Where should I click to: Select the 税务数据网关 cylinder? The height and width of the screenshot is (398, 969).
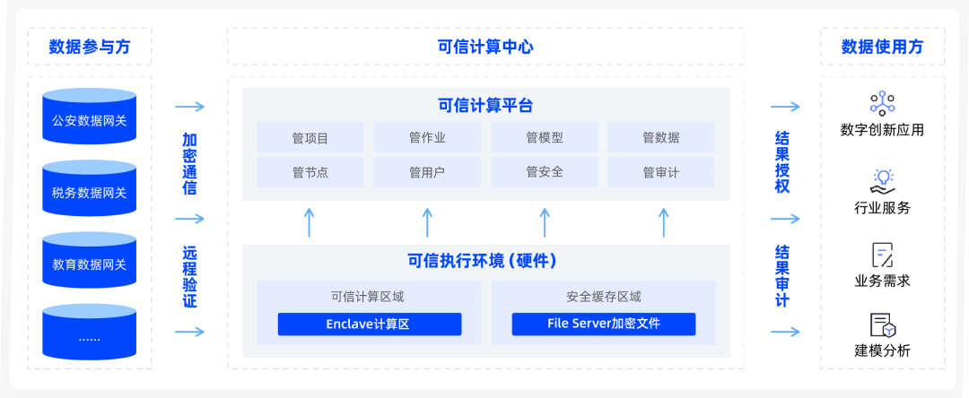[89, 192]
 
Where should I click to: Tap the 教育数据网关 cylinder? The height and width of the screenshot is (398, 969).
[89, 264]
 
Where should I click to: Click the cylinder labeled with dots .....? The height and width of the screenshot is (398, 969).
[89, 336]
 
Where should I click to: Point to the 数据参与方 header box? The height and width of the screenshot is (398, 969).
[89, 47]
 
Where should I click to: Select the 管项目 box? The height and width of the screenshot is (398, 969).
[310, 138]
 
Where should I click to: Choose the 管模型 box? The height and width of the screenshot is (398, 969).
[544, 138]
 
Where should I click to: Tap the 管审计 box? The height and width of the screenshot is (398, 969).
[660, 171]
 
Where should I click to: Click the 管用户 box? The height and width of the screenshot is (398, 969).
[427, 171]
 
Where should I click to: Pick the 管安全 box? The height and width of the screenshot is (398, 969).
[544, 171]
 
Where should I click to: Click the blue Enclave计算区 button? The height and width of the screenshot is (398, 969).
[369, 324]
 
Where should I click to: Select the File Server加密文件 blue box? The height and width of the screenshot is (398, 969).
[603, 324]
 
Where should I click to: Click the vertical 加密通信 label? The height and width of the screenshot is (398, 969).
[189, 164]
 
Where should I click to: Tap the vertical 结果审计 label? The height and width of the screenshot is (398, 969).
[782, 275]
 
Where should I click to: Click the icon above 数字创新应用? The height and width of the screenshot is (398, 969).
[882, 102]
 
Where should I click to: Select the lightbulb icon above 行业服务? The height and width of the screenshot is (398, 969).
[882, 179]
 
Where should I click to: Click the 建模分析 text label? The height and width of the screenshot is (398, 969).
[882, 350]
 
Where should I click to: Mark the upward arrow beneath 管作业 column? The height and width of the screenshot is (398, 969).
[427, 222]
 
